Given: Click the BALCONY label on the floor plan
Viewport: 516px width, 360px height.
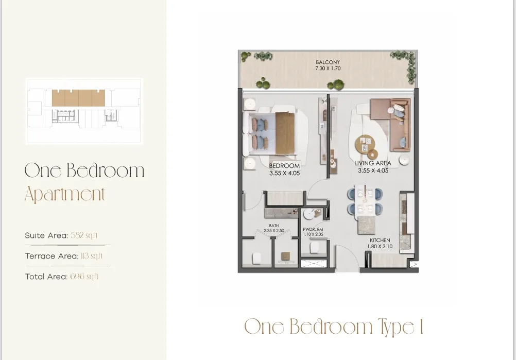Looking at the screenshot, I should tap(328, 62).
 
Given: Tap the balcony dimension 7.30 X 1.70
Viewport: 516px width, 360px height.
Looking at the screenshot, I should tap(328, 68).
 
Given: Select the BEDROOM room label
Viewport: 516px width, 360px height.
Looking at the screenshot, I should tap(284, 166).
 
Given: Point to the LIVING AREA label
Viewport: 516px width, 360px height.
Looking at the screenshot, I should tap(372, 163).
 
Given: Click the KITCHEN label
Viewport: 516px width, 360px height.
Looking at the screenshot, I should tap(380, 241).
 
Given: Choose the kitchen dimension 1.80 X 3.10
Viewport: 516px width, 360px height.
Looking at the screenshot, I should tap(380, 247).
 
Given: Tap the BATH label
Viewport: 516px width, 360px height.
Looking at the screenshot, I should tap(273, 226).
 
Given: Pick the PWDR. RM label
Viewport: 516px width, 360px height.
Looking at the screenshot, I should tap(313, 229).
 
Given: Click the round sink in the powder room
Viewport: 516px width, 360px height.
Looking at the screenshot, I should tap(311, 214).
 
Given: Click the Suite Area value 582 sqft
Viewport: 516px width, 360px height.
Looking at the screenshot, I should tap(84, 235).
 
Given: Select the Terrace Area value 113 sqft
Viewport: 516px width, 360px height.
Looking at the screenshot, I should tap(91, 256).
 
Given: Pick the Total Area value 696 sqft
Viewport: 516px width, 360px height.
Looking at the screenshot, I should tap(84, 277).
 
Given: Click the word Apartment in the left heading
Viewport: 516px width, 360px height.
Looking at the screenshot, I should tap(65, 195).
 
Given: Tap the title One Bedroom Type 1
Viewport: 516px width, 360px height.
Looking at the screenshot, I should tap(334, 327).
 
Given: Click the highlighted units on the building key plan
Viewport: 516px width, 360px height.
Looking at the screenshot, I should tap(78, 98).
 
